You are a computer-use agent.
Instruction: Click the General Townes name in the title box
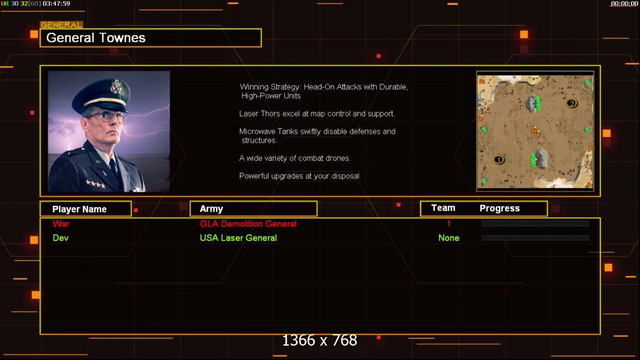click(95, 38)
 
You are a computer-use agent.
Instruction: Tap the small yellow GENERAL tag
click(62, 25)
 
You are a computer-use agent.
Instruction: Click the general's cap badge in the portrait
click(117, 86)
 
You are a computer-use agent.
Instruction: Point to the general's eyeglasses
click(107, 117)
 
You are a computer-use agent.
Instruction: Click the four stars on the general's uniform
click(95, 184)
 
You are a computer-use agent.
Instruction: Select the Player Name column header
click(79, 209)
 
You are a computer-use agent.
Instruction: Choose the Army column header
click(211, 209)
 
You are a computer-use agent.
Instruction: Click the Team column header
click(443, 208)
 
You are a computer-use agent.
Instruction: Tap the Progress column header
click(500, 209)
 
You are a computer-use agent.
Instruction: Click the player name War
click(61, 224)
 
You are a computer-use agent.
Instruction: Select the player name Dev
click(61, 238)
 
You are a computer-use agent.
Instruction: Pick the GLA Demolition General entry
click(248, 224)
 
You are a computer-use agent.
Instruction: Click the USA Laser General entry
click(238, 238)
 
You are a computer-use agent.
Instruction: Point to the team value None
click(449, 238)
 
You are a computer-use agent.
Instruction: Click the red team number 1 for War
click(449, 224)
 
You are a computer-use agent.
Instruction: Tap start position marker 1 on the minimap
click(498, 160)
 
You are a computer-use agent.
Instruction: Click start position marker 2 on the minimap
click(572, 103)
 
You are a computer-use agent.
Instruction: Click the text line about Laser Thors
click(317, 114)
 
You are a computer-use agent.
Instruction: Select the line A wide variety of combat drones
click(295, 158)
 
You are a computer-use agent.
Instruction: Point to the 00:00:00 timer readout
click(624, 4)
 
